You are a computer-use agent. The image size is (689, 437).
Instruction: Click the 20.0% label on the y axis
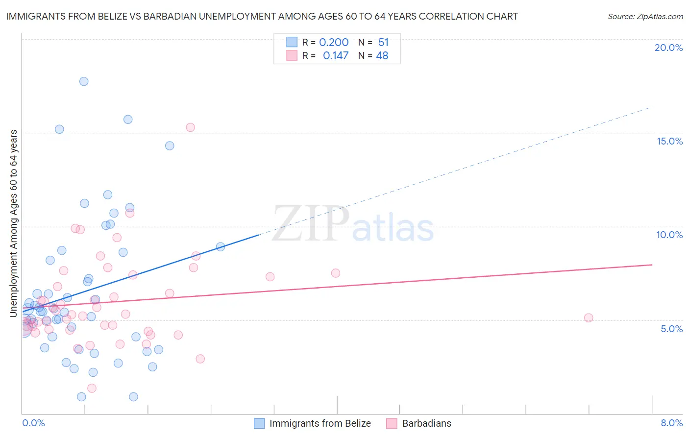click(x=668, y=48)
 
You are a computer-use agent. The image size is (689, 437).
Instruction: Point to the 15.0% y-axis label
click(x=669, y=141)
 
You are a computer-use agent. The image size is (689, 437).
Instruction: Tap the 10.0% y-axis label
click(x=669, y=235)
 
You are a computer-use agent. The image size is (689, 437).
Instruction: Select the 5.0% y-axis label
click(x=671, y=329)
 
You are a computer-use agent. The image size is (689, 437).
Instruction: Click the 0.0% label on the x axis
click(x=33, y=423)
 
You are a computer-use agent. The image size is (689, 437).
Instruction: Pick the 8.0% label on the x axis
click(x=671, y=423)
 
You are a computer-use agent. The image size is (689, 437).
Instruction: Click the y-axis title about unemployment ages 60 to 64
click(x=13, y=223)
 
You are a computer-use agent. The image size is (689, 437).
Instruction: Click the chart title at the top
click(x=262, y=16)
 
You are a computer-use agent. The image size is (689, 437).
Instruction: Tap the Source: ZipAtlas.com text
click(x=645, y=16)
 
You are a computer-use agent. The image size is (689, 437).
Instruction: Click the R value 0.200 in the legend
click(x=334, y=42)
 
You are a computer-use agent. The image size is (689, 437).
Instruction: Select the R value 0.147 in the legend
click(x=336, y=55)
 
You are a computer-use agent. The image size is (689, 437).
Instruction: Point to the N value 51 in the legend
click(x=383, y=42)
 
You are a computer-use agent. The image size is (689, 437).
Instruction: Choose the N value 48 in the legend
click(x=382, y=55)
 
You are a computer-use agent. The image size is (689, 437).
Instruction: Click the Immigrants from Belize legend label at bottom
click(x=320, y=423)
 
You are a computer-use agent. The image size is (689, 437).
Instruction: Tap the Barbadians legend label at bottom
click(x=426, y=423)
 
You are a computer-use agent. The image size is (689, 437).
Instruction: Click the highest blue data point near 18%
click(x=84, y=81)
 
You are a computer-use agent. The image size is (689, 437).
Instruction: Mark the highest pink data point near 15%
click(x=190, y=127)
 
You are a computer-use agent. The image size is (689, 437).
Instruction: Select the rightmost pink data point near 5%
click(x=589, y=318)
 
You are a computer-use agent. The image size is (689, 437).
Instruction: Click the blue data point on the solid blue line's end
click(x=221, y=246)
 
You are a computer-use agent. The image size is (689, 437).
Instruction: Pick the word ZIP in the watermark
click(x=311, y=224)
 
